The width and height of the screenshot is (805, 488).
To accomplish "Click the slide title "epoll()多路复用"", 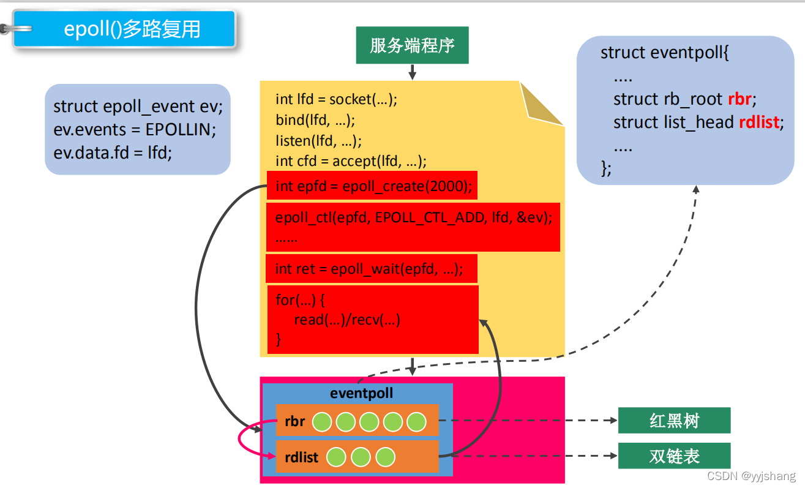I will [132, 29].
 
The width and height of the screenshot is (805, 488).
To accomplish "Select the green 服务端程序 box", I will [412, 45].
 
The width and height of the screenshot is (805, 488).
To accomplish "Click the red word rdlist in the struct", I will [759, 122].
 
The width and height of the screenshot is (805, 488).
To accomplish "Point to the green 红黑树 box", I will [674, 421].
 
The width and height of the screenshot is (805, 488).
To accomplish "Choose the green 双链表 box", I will [674, 456].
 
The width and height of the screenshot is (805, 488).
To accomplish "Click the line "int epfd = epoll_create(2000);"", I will [373, 186].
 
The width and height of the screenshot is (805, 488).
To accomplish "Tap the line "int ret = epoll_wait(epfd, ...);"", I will [369, 269].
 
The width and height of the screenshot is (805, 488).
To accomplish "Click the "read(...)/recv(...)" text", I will [346, 320].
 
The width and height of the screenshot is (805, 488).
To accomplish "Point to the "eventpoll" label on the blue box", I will [361, 393].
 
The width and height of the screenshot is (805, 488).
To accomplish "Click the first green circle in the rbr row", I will [322, 421].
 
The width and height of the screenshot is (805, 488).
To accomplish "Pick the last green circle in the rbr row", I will [416, 421].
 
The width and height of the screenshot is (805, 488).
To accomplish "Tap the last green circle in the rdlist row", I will [385, 457].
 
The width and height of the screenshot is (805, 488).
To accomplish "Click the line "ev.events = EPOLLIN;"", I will [135, 129].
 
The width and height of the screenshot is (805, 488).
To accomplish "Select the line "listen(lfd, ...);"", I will [318, 140].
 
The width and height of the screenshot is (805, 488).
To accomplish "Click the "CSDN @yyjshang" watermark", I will [751, 476].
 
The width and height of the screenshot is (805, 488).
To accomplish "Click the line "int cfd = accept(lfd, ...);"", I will [351, 161].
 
